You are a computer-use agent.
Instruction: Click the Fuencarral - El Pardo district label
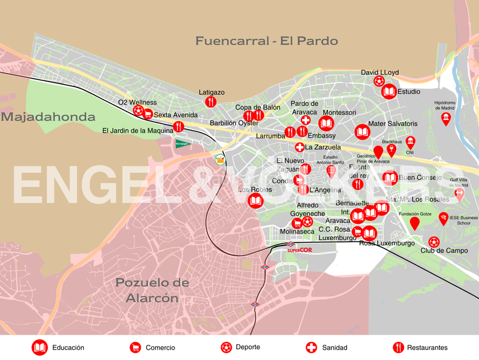[266, 41]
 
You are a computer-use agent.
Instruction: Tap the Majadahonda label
[48, 117]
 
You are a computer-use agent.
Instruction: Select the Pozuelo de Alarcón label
[152, 290]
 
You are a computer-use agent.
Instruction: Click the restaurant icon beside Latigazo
[210, 102]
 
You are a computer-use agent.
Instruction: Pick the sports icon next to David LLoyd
[379, 81]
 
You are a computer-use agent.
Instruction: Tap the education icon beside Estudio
[388, 92]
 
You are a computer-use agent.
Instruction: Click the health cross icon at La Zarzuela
[300, 147]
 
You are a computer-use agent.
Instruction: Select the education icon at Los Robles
[255, 200]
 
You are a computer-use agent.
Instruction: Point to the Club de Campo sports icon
[434, 242]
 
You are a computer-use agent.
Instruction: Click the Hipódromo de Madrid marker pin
[445, 118]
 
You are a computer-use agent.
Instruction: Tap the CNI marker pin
[411, 142]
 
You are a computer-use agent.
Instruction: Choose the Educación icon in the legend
[40, 347]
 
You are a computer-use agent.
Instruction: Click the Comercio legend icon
[135, 347]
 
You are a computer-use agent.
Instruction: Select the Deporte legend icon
[226, 347]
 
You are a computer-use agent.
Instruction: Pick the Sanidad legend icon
[311, 347]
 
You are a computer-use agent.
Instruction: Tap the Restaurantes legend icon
[398, 347]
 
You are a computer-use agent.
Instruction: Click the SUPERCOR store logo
[299, 250]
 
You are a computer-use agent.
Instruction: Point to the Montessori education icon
[326, 124]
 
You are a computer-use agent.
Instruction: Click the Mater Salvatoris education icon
[362, 132]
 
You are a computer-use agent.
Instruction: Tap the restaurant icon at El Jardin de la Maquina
[178, 127]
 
